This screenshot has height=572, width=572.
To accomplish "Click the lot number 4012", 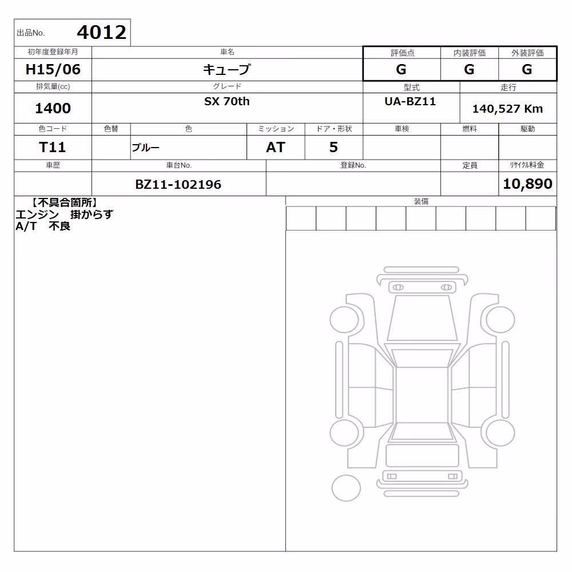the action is (x=101, y=32).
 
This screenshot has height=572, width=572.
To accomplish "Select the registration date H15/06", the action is (x=53, y=69).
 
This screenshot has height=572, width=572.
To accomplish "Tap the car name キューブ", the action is (x=227, y=69).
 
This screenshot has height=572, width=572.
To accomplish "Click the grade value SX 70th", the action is (x=227, y=101).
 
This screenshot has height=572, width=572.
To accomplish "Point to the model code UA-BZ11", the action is (x=410, y=101).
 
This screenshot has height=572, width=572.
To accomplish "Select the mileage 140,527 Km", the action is (x=507, y=109).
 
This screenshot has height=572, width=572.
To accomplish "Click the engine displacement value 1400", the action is (x=53, y=108).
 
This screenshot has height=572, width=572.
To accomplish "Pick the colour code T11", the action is (x=52, y=147).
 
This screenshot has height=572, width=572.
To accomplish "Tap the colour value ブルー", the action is (x=145, y=148).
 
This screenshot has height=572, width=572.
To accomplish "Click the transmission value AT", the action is (x=276, y=147).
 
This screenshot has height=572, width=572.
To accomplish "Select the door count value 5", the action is (x=333, y=147).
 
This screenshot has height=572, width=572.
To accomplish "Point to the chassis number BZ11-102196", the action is (x=178, y=184).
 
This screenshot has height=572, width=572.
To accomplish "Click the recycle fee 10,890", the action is (x=527, y=184).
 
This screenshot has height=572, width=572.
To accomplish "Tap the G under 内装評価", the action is (x=469, y=69).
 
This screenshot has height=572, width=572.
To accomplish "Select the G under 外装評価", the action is (x=527, y=69).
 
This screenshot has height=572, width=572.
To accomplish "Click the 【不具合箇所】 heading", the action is (x=65, y=202).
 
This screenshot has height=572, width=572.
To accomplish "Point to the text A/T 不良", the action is (x=43, y=226).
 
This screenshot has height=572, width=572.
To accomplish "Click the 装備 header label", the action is (x=422, y=201).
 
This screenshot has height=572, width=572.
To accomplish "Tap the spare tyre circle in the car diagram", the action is (x=346, y=488).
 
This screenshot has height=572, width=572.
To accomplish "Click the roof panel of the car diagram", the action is (x=422, y=394).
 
